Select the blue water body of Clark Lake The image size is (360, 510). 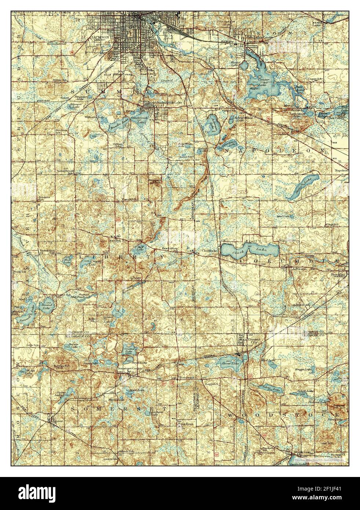pyautogui.click(x=250, y=251)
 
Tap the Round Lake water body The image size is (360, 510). pyautogui.click(x=47, y=303)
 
